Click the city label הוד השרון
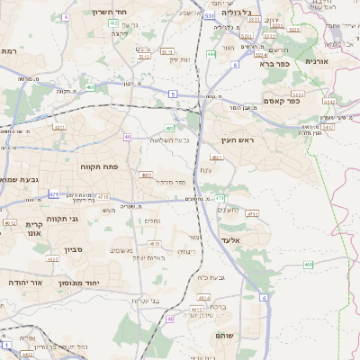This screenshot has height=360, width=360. [x=112, y=13]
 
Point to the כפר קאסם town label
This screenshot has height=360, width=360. [x=281, y=101]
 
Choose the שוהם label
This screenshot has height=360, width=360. [x=224, y=335]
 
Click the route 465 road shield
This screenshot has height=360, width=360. [x=309, y=265]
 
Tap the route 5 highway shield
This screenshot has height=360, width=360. [x=172, y=94]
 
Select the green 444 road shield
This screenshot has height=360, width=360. [x=211, y=55]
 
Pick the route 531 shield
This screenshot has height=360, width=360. [x=209, y=16]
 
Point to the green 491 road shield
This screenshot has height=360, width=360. [x=92, y=87]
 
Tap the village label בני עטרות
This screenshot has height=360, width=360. [x=145, y=300]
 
